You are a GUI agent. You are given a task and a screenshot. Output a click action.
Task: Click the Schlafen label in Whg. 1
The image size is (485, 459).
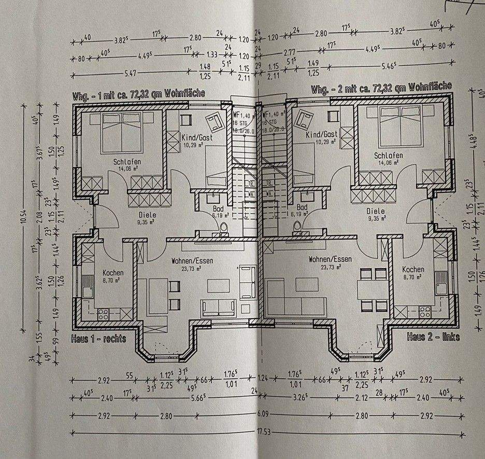pyautogui.click(x=127, y=161)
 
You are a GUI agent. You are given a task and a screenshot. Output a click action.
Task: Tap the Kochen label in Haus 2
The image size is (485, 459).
pyautogui.click(x=412, y=269)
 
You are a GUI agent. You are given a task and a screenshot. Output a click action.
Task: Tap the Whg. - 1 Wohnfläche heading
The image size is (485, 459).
pyautogui.click(x=138, y=94)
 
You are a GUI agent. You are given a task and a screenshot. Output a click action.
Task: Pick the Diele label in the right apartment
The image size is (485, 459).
pyautogui.click(x=375, y=211)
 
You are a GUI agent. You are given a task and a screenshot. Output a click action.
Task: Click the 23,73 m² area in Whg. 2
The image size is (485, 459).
pyautogui.click(x=330, y=268)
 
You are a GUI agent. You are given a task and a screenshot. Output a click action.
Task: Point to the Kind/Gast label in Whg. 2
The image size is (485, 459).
pyautogui.click(x=321, y=134)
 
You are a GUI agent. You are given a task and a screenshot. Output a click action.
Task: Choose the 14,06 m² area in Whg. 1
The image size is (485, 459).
pyautogui.click(x=127, y=168)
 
